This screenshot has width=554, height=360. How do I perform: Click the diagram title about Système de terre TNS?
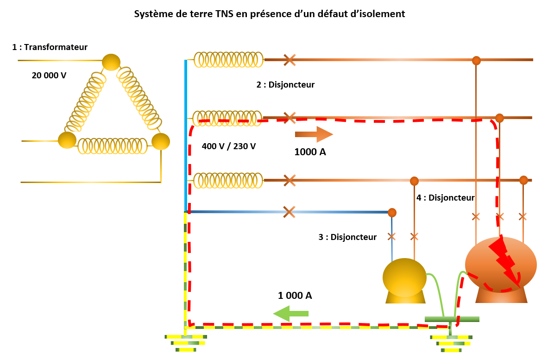[270, 14]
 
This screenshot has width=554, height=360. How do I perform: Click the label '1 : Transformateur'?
[50, 47]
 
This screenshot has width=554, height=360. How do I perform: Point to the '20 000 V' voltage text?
[49, 75]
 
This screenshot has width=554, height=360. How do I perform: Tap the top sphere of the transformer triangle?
[111, 62]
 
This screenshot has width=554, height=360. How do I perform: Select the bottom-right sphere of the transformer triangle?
[161, 141]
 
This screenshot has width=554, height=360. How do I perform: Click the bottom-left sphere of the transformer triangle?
[67, 140]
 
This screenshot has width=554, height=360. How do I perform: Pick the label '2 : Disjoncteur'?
[285, 85]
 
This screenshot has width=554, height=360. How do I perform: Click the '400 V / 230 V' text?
[229, 146]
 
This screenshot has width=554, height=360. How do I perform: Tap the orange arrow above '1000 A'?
[314, 134]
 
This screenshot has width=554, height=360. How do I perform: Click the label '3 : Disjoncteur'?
[347, 237]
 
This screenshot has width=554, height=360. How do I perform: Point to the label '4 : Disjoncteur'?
[446, 198]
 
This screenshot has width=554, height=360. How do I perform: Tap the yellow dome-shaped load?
[404, 281]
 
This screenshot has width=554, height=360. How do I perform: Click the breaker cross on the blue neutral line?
[289, 212]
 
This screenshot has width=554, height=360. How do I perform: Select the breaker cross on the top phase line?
[290, 59]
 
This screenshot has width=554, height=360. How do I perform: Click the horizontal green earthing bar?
[452, 319]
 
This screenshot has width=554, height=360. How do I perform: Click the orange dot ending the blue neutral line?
[392, 213]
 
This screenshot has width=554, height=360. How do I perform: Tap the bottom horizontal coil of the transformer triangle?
[114, 146]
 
